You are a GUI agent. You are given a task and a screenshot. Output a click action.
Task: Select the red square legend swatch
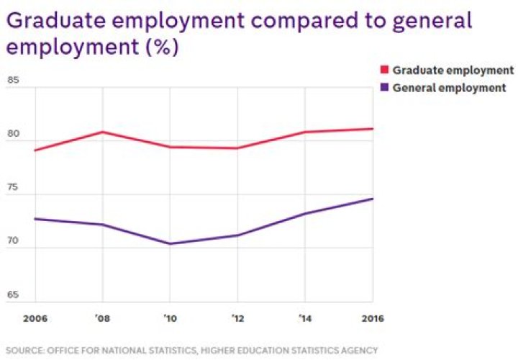384,70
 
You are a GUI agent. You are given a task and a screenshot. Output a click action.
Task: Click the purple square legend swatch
384,87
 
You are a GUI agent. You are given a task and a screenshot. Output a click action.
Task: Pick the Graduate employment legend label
452,70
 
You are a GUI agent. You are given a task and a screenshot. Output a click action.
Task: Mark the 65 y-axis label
12,296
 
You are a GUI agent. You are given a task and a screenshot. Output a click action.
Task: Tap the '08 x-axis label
103,317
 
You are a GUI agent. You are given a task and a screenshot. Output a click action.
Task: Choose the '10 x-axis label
170,317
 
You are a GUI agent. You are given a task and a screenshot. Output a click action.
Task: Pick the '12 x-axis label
237,317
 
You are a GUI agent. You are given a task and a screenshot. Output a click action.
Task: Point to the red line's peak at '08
103,132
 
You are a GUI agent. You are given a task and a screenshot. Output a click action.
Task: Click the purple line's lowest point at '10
170,244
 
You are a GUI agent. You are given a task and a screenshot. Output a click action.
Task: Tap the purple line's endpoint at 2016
373,199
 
